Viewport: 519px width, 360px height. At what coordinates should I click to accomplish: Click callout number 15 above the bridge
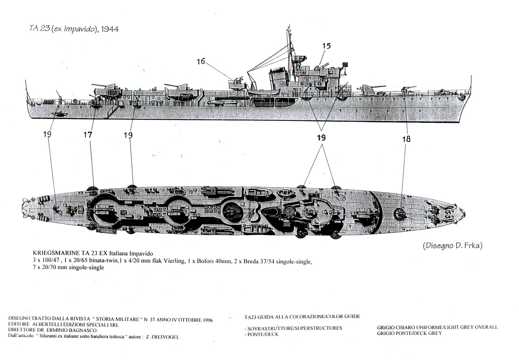326,46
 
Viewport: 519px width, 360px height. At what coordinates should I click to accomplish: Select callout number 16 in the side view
201,61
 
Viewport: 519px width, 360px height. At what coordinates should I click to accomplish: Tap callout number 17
88,135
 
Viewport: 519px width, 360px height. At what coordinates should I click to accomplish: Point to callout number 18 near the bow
406,139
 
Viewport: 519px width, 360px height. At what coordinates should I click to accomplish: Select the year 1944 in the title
110,29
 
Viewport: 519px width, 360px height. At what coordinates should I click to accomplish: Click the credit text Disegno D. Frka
453,245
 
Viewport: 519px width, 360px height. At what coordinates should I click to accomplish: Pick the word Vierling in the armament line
174,261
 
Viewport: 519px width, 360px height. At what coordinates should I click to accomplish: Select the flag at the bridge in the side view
345,65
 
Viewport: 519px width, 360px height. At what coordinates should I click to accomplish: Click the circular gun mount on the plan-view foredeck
400,214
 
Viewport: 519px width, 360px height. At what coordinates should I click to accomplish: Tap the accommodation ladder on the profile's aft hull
112,111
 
